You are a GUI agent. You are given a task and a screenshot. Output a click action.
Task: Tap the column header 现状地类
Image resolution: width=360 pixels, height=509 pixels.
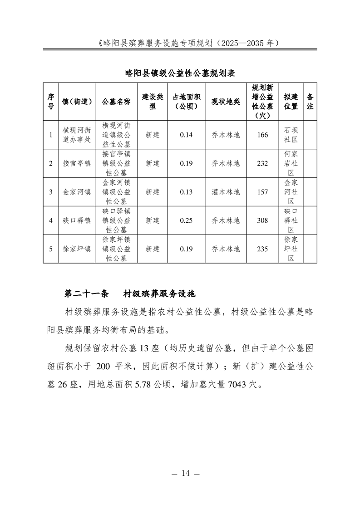point(226,102)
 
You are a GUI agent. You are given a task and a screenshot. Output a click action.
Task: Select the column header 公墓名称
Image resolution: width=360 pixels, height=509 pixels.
point(116,102)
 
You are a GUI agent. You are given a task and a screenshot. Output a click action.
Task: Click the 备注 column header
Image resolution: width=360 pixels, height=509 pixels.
point(311,102)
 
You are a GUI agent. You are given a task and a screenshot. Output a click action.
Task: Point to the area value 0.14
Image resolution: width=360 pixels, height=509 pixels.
point(186,135)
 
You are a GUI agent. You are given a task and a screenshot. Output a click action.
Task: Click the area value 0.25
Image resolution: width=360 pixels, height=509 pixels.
point(186,220)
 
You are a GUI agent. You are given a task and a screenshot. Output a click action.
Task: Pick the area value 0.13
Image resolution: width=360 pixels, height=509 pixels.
point(186,192)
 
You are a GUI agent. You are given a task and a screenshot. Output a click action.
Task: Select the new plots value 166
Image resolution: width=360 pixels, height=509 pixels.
point(262,135)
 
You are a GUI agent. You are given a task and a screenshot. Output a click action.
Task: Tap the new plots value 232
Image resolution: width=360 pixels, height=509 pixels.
point(262,163)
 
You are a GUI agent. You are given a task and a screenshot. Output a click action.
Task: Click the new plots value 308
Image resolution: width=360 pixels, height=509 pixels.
point(262,220)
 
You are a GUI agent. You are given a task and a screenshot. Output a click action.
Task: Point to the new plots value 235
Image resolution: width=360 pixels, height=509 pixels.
point(262,249)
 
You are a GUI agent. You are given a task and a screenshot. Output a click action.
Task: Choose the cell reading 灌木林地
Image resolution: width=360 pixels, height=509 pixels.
point(226,192)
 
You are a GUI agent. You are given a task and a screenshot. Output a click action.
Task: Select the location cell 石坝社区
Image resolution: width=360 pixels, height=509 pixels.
point(291,135)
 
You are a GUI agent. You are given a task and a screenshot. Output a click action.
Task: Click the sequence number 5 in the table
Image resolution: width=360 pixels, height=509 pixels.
point(51,249)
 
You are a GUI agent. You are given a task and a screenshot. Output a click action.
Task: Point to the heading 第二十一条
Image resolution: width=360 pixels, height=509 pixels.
point(87,294)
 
